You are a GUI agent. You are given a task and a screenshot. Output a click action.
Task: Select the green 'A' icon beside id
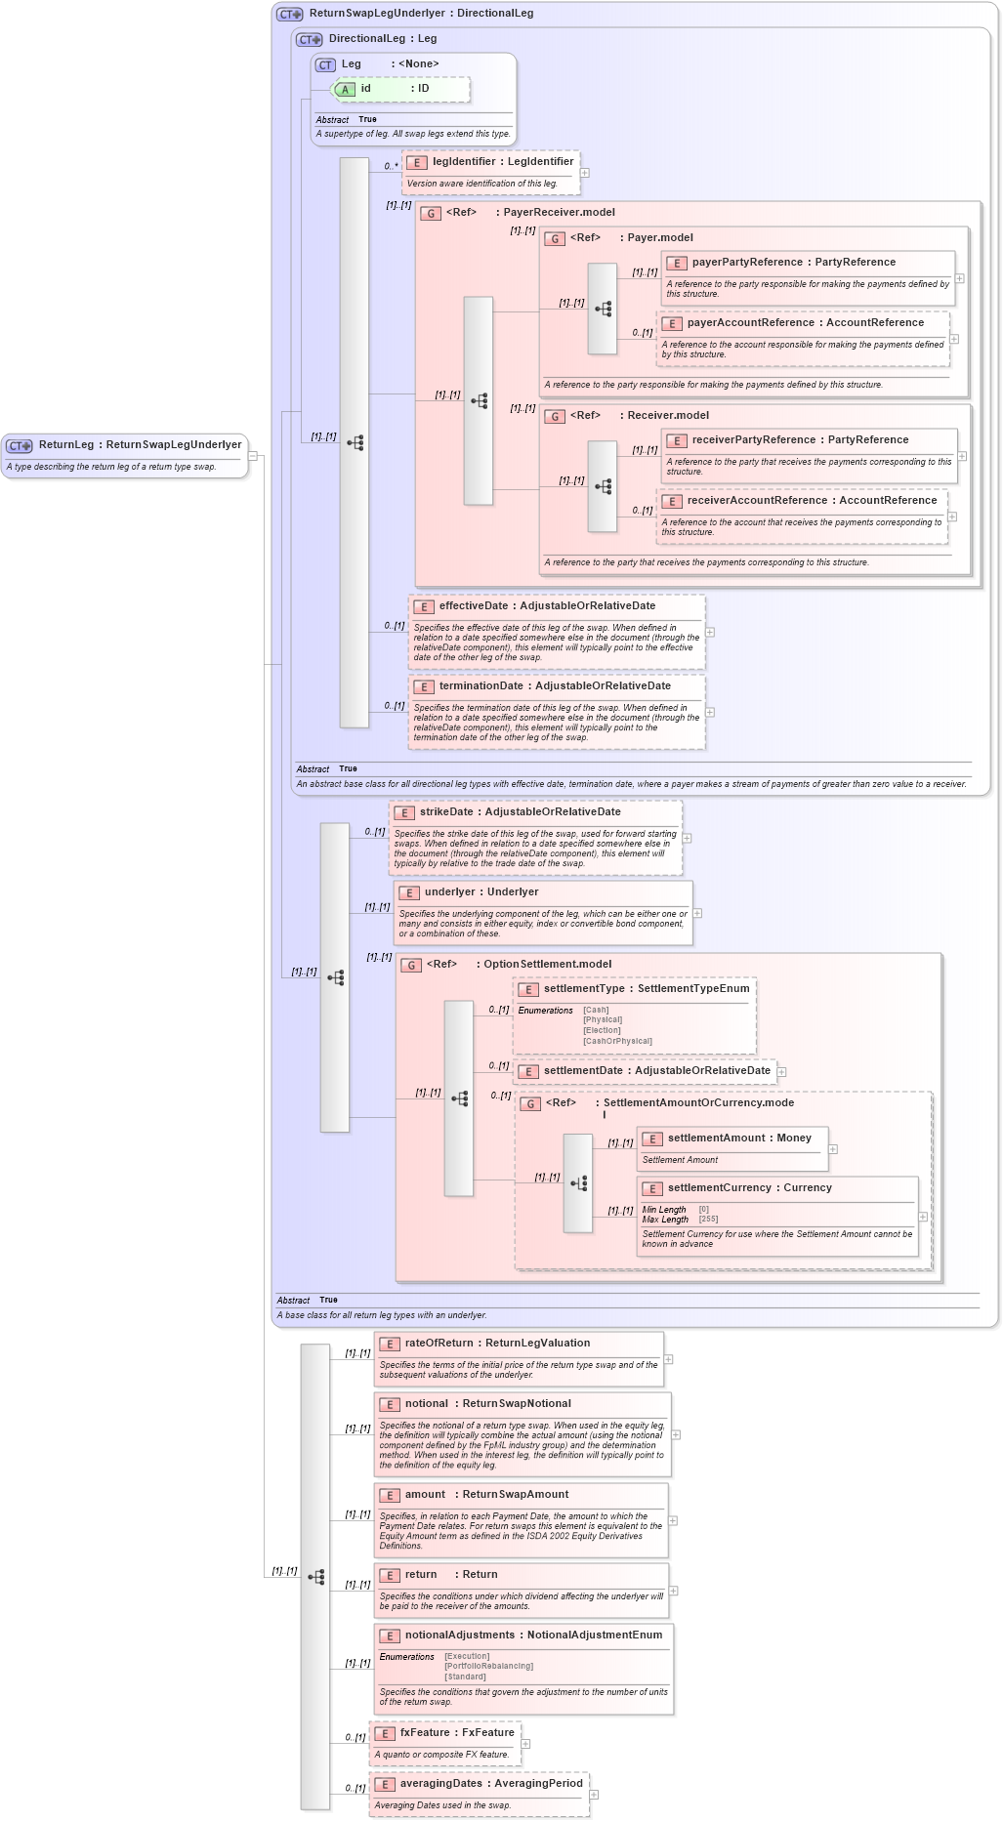tap(345, 90)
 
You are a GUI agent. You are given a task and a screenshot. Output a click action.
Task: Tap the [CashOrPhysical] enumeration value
tap(617, 1041)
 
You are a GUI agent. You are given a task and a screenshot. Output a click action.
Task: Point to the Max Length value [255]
tap(708, 1220)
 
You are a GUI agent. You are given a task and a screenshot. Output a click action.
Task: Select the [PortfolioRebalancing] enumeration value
tap(488, 1667)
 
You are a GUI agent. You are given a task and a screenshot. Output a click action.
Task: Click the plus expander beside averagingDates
tap(594, 1795)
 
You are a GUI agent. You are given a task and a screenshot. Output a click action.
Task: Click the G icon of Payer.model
tap(555, 239)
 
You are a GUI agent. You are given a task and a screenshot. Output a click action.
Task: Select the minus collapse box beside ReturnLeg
tap(252, 456)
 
